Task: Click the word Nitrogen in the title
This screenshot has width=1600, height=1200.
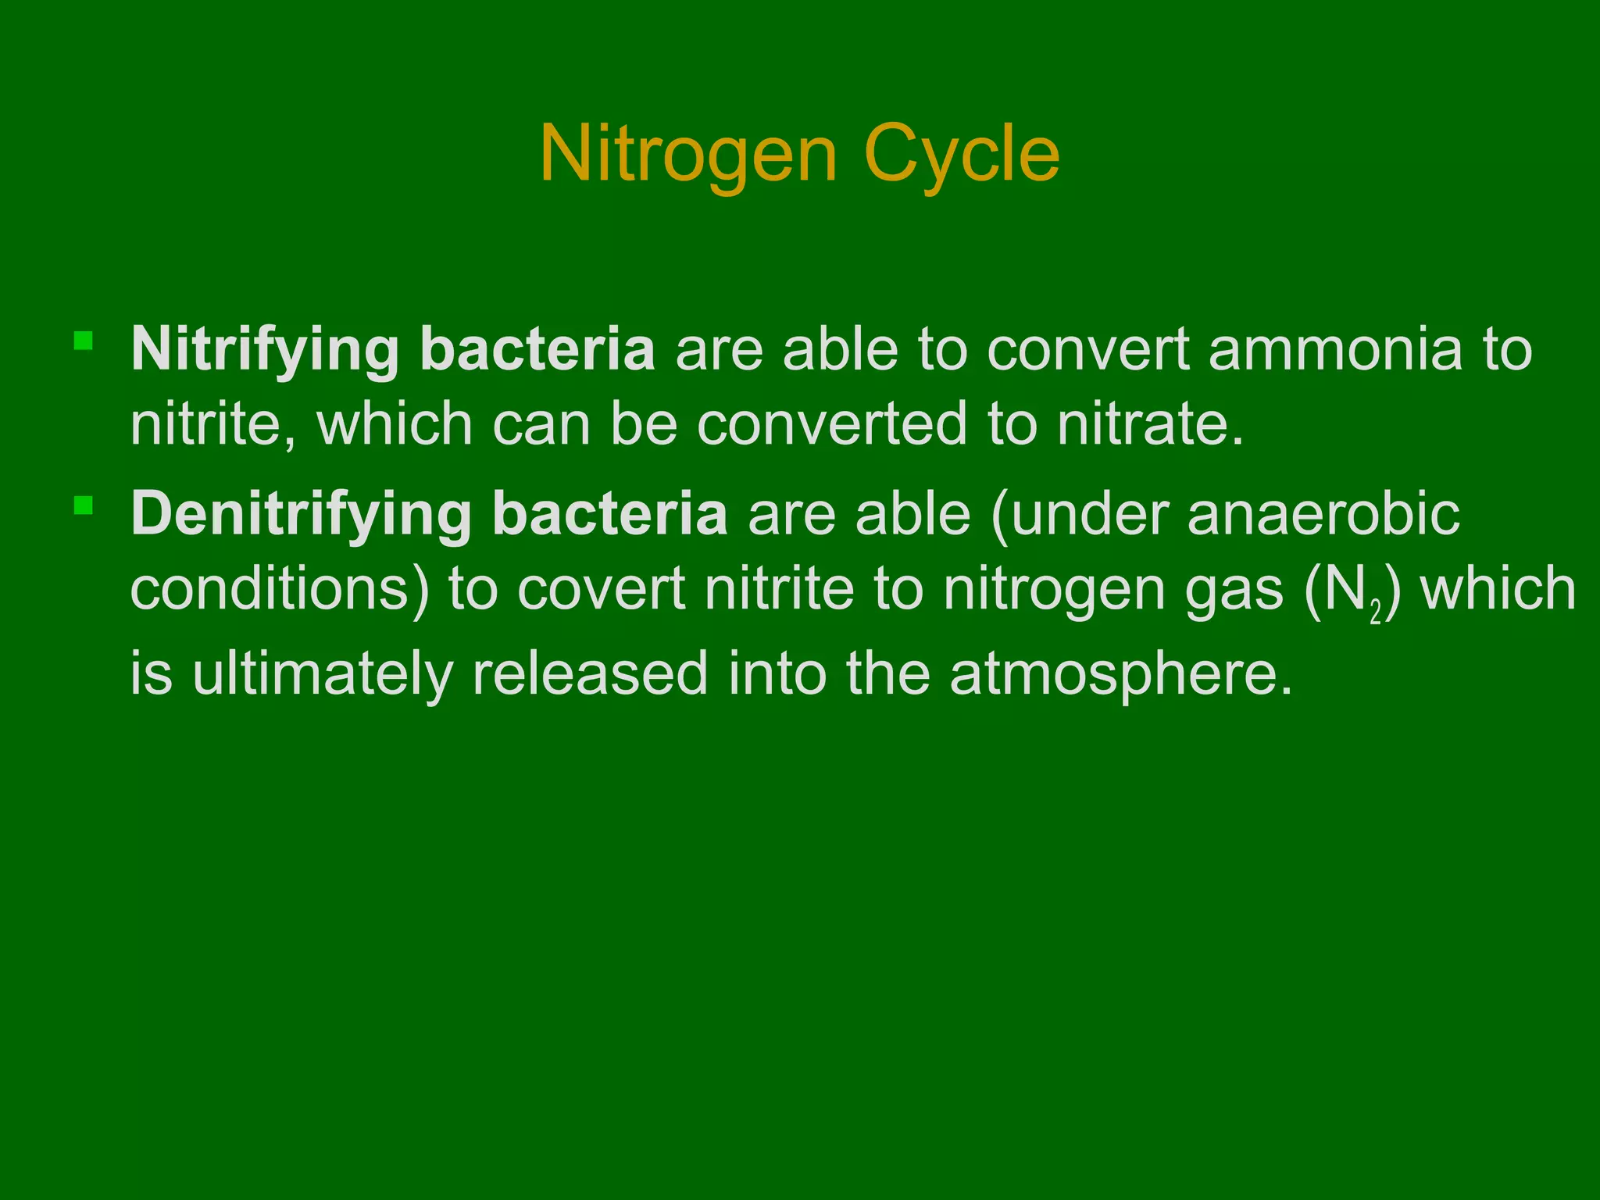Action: pyautogui.click(x=687, y=155)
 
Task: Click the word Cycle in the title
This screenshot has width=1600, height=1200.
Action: pyautogui.click(x=962, y=155)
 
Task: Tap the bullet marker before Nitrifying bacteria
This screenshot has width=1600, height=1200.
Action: pyautogui.click(x=84, y=341)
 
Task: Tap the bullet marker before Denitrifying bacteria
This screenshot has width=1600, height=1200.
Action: pyautogui.click(x=84, y=505)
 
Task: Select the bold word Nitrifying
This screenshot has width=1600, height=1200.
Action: pyautogui.click(x=265, y=350)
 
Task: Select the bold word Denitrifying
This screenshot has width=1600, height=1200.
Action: pyautogui.click(x=301, y=515)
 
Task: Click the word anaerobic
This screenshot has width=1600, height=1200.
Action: pyautogui.click(x=1323, y=515)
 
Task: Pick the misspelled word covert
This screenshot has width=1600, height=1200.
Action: pyautogui.click(x=601, y=589)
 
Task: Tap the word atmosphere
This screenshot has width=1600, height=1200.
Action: pyautogui.click(x=1120, y=673)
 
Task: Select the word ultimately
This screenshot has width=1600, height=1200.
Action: pyautogui.click(x=322, y=673)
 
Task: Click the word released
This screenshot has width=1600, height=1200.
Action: pyautogui.click(x=590, y=673)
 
